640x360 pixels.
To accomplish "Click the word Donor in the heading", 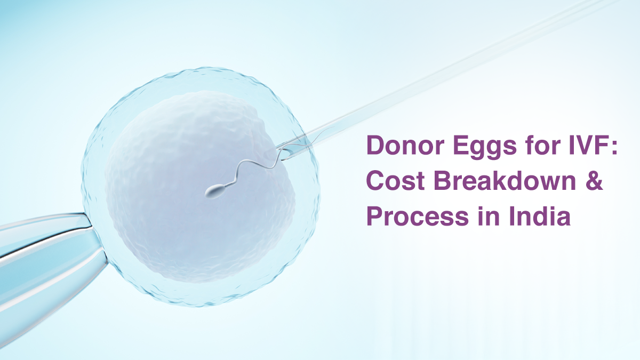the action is [x=406, y=146].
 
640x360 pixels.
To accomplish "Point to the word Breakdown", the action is [x=505, y=181].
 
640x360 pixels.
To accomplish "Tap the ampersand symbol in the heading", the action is [x=594, y=181].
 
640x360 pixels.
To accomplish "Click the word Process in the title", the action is [x=418, y=217].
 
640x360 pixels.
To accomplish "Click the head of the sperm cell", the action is [x=215, y=192].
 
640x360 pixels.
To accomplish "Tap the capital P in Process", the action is [x=375, y=217].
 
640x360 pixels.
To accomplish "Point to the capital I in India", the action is [x=511, y=217].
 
